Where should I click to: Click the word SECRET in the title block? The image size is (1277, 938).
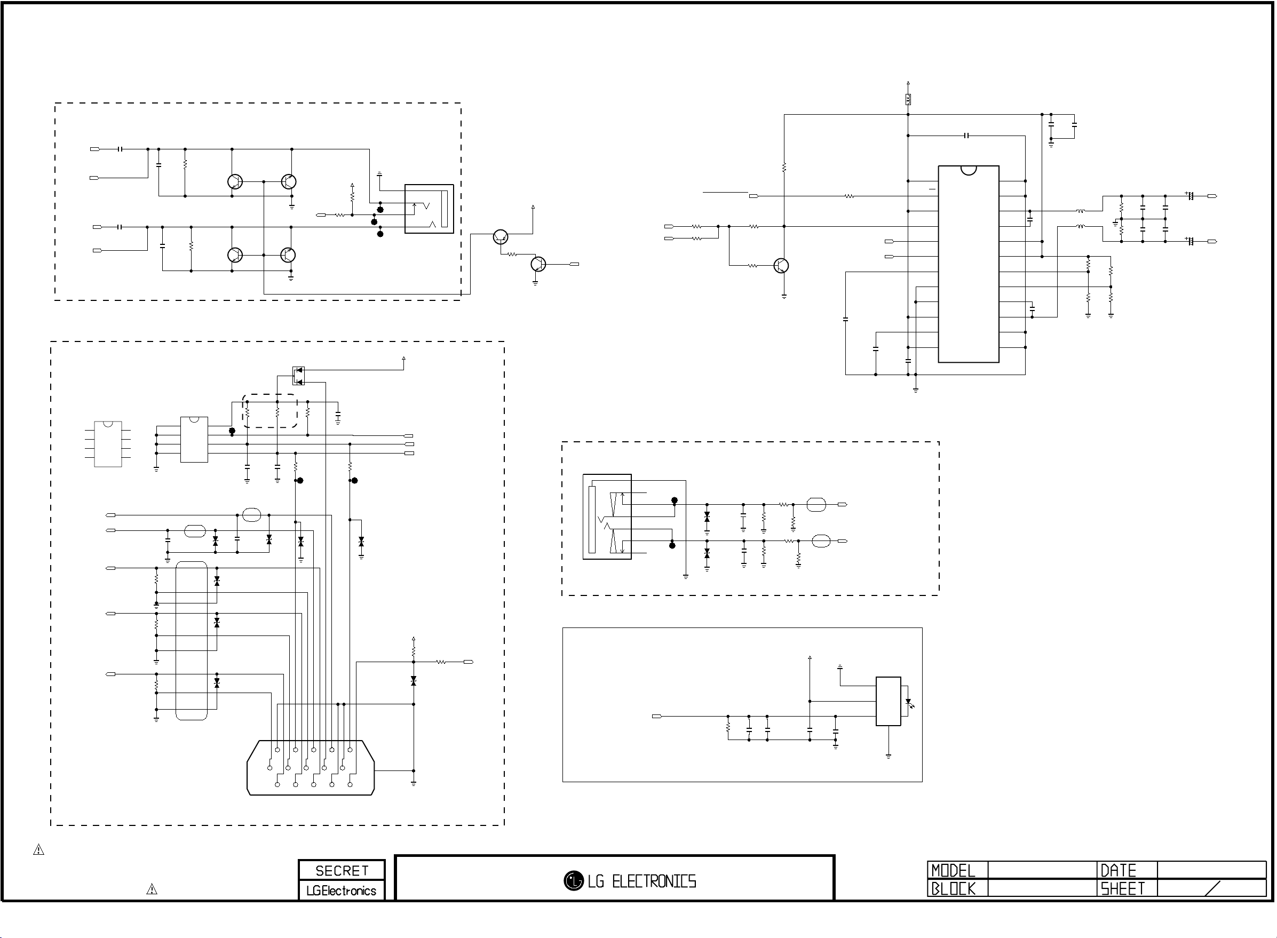[342, 870]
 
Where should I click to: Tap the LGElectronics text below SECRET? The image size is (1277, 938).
[341, 891]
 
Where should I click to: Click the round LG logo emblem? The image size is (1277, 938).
[574, 881]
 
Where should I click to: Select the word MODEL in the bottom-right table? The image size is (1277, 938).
[954, 870]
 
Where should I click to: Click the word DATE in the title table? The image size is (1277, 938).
[1118, 870]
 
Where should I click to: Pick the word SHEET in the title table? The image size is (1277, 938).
[1123, 888]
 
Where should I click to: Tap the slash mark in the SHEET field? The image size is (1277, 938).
[1212, 888]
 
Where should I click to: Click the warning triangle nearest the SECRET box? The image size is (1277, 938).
[152, 889]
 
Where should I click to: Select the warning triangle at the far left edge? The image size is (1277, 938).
[38, 849]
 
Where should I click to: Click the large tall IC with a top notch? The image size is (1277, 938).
[968, 264]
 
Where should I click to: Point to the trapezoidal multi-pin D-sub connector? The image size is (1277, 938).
[311, 768]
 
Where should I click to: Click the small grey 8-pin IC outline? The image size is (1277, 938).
[108, 444]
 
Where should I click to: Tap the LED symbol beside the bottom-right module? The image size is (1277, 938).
[909, 704]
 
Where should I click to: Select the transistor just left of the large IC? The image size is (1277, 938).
[781, 265]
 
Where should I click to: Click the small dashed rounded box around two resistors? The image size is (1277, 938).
[269, 411]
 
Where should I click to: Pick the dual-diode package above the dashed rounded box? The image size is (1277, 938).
[298, 376]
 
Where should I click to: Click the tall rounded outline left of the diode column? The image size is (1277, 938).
[192, 640]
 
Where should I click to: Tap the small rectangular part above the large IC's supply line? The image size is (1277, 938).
[908, 99]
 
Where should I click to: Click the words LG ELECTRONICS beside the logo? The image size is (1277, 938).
[641, 881]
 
